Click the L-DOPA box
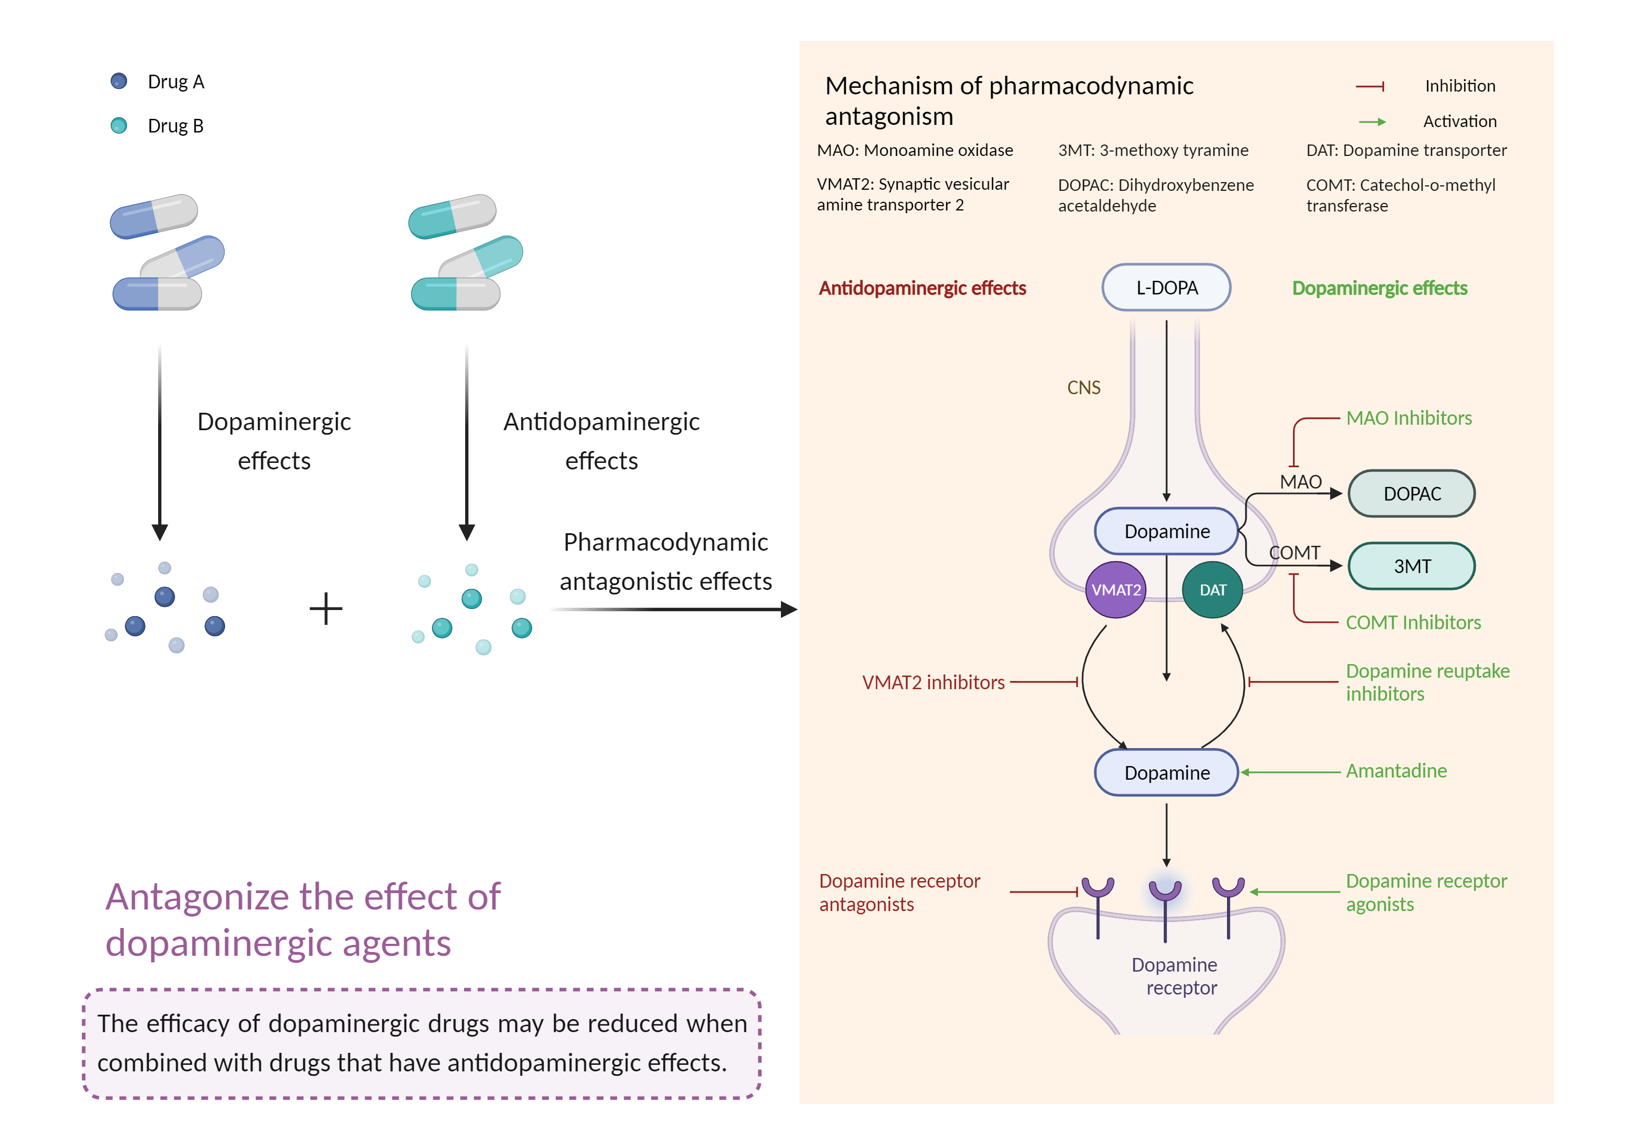(1166, 288)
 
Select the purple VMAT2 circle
(1115, 590)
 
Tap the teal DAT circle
(1212, 590)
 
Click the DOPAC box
(1411, 494)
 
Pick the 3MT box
(1411, 567)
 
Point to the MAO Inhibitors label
(1408, 418)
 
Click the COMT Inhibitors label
(1412, 623)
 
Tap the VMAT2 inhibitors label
(933, 683)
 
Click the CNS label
(1083, 388)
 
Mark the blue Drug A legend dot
(119, 81)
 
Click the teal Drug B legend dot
(119, 125)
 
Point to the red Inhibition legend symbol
(1369, 86)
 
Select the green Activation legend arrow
(1372, 122)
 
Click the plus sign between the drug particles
(326, 609)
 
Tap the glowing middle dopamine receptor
(1165, 890)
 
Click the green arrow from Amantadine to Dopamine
(1290, 773)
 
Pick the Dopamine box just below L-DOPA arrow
(1166, 532)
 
